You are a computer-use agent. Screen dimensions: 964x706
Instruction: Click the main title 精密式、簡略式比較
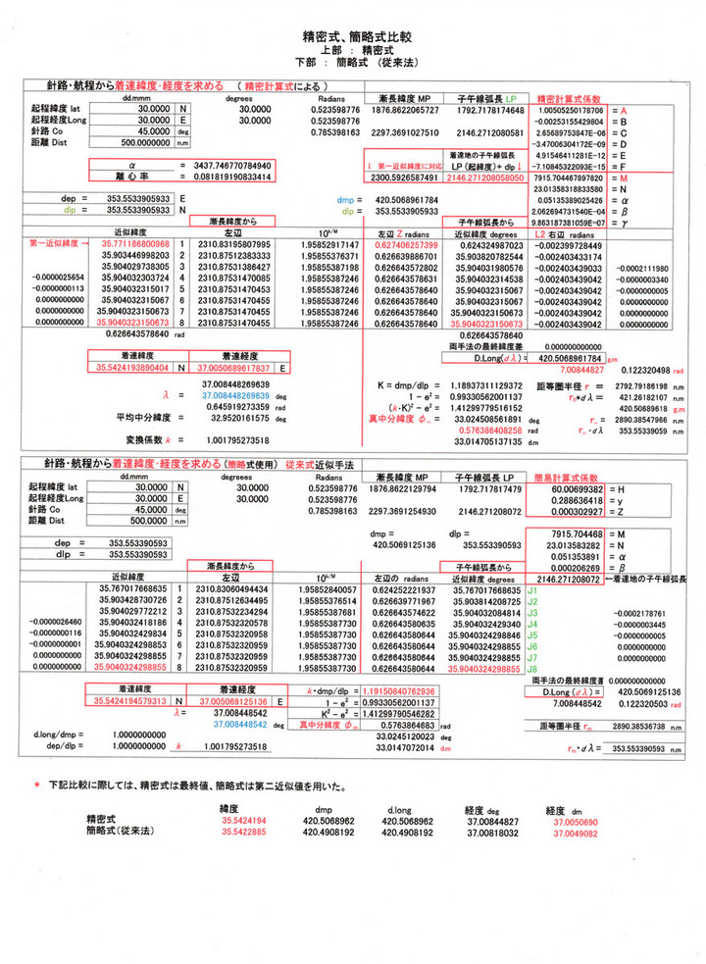pos(352,36)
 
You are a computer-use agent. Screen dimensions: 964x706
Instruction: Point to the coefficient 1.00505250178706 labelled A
pos(569,112)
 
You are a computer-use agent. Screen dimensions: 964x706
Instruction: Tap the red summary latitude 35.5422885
pos(244,830)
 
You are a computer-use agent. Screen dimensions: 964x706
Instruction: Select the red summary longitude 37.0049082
pos(576,830)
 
